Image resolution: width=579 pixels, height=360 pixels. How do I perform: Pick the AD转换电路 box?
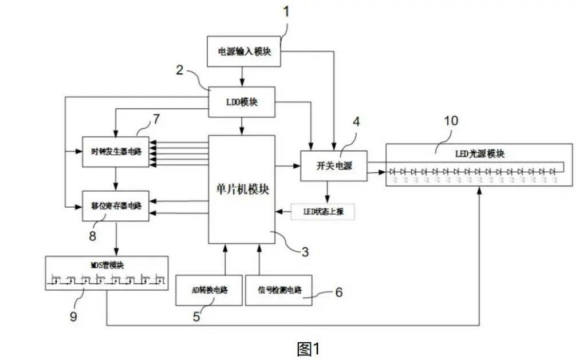(208, 290)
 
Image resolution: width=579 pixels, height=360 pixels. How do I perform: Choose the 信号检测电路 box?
(279, 290)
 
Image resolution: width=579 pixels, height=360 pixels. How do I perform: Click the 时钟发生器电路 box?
(116, 152)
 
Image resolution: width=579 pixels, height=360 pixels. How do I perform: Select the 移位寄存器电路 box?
(116, 205)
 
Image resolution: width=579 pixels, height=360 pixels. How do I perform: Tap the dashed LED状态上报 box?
(322, 211)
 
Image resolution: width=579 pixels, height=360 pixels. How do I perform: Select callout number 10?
(451, 121)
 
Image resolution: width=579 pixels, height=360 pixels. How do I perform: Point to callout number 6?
(338, 292)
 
